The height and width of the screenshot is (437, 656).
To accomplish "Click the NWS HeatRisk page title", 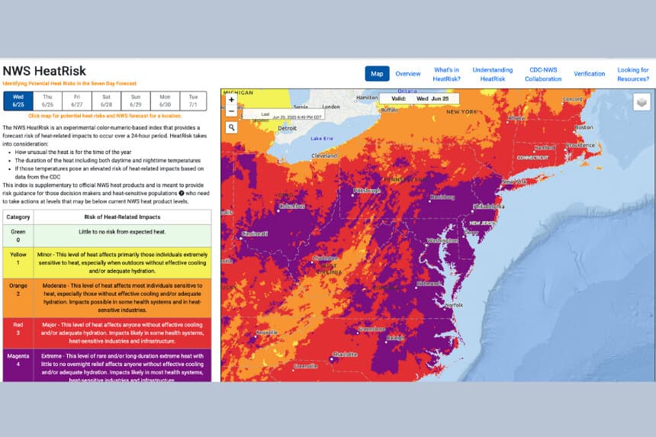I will coord(44,71).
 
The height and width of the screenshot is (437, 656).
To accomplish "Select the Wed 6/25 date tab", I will coord(18,101).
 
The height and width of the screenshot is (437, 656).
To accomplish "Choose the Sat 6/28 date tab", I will coord(107,101).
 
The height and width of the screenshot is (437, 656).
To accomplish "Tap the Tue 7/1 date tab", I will coord(194,101).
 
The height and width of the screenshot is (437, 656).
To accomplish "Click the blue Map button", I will coord(377,74).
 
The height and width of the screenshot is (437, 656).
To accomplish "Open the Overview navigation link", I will coord(408,74).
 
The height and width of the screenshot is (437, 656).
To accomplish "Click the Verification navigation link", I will coord(589,74).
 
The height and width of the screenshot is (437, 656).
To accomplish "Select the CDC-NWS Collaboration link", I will coord(543,74).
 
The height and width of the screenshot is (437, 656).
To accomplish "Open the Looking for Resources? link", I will coord(633,74).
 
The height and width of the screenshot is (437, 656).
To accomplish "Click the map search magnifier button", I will coord(231,127).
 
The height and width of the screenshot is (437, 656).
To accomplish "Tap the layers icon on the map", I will coord(642,102).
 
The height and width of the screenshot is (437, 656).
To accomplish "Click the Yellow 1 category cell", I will coord(18,262).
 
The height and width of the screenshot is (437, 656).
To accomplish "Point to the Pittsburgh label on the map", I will coord(366,191).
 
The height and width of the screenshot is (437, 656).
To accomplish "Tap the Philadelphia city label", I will coord(488,206).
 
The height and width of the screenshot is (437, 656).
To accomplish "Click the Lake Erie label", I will coord(322,138).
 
